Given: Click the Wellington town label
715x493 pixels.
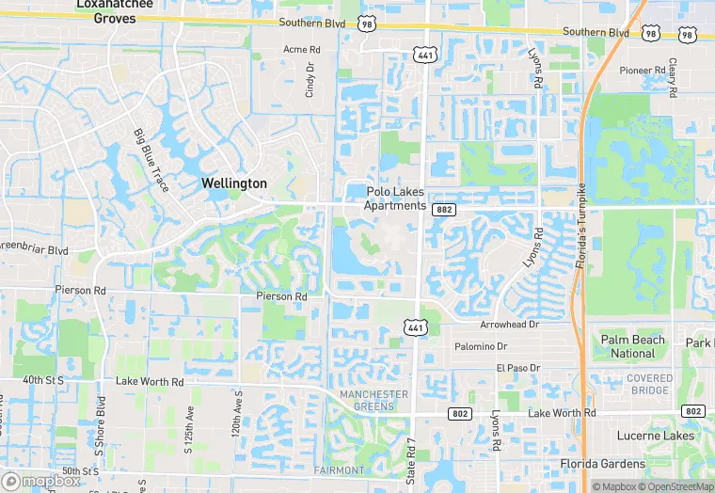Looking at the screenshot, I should coord(234,183).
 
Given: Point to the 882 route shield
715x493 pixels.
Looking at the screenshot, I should coord(445,210).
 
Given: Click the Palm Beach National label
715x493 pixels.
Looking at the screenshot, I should coord(632,346).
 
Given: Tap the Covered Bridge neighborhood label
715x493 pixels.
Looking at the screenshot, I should coord(649,384).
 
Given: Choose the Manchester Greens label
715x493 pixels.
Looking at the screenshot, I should coord(374,400).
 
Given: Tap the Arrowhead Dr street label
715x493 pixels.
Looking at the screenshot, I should coord(508,324).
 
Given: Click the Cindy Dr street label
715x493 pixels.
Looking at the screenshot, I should coord(310,81).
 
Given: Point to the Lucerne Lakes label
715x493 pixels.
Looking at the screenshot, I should coord(655,436).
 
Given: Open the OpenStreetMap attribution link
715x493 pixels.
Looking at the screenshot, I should coord(674,486).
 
